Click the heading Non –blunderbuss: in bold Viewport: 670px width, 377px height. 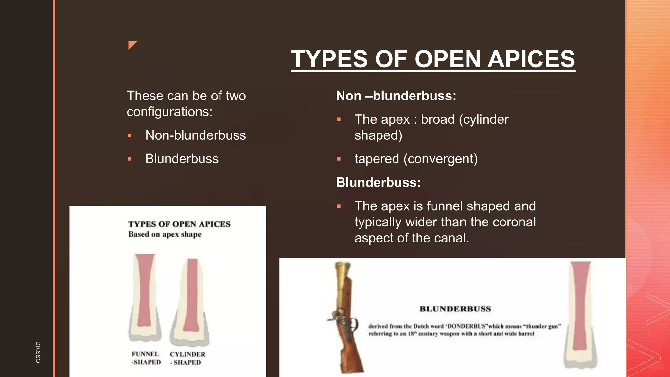coord(396,96)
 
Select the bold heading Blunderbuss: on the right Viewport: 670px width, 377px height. coord(378,182)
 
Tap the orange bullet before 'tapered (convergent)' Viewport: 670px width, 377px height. coord(339,159)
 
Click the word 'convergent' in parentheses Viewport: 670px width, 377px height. coord(440,159)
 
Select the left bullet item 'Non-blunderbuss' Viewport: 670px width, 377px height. coord(195,135)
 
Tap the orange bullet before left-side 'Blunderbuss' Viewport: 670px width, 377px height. coord(130,159)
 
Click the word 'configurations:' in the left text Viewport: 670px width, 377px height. coord(169,112)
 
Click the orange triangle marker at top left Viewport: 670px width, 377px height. coord(132,45)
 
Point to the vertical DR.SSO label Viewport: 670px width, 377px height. coord(38,352)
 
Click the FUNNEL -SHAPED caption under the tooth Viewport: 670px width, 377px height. coord(146,358)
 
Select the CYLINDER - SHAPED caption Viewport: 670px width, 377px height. coord(187,358)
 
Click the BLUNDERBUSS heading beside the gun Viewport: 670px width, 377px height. coord(455,309)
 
